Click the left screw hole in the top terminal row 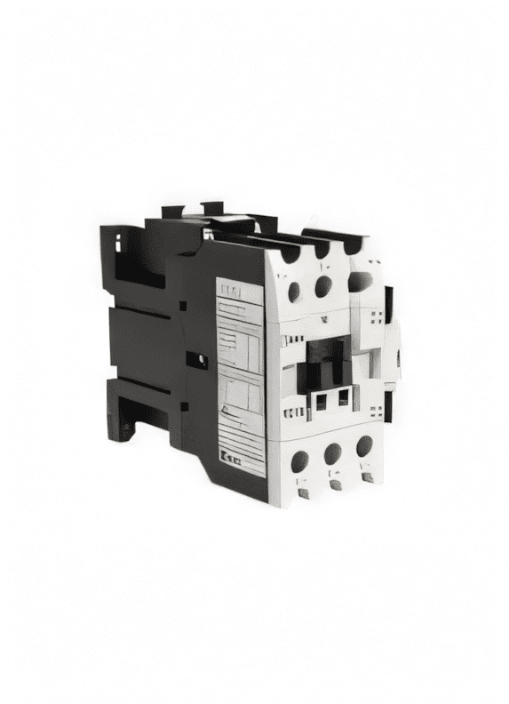pyautogui.click(x=294, y=291)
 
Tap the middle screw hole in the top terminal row pyautogui.click(x=323, y=285)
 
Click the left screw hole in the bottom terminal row pyautogui.click(x=299, y=460)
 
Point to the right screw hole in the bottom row pyautogui.click(x=364, y=446)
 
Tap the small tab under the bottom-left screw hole pyautogui.click(x=303, y=492)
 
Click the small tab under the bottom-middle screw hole pyautogui.click(x=336, y=485)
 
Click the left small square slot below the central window pyautogui.click(x=321, y=402)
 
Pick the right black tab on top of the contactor pyautogui.click(x=212, y=209)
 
